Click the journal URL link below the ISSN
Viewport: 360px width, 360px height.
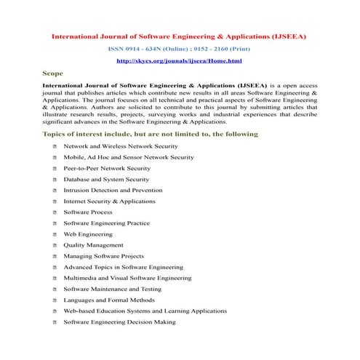tap(179, 61)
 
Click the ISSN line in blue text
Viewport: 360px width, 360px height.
tap(179, 48)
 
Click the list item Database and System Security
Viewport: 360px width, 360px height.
tap(106, 179)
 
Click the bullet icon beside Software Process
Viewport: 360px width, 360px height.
tap(55, 212)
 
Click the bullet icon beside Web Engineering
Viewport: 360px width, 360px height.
tap(55, 234)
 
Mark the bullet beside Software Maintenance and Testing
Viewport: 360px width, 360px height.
tap(55, 289)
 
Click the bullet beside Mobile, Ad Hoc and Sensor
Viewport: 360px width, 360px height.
tap(55, 157)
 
